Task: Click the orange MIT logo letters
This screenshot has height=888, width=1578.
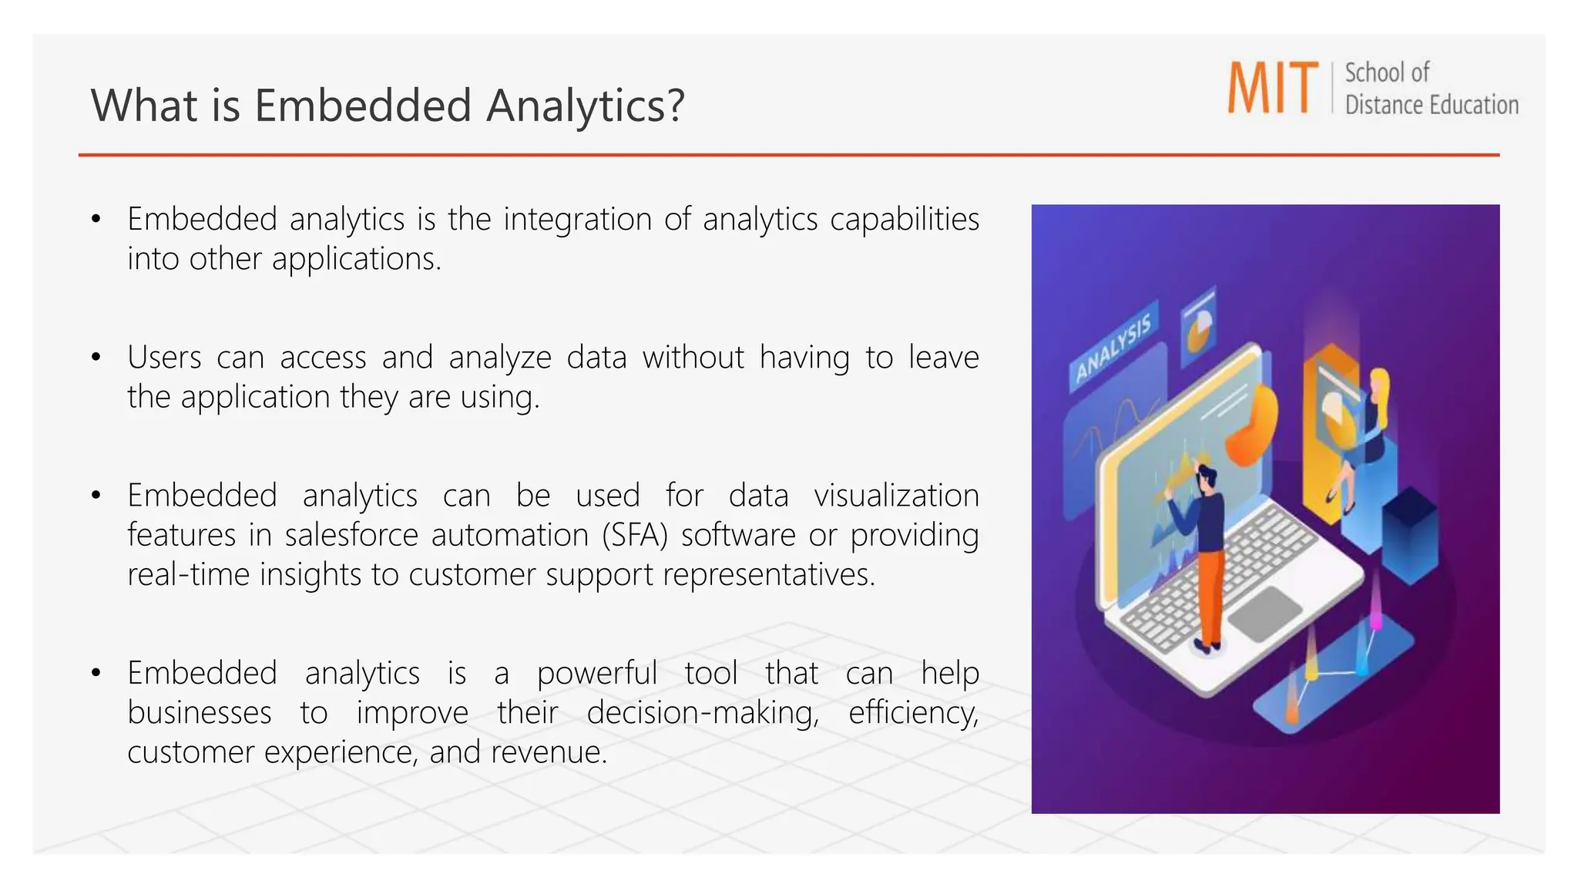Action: click(x=1273, y=88)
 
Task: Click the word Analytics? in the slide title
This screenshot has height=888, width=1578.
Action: click(x=586, y=106)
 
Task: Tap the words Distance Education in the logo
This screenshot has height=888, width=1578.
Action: click(x=1432, y=105)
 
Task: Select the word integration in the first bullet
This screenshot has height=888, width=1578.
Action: click(x=577, y=220)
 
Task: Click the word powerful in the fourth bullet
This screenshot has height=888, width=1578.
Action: click(x=596, y=674)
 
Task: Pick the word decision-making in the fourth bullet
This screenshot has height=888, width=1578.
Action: click(x=703, y=713)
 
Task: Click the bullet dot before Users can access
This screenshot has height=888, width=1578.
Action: click(x=96, y=358)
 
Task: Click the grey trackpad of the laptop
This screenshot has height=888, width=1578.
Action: click(x=1264, y=613)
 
